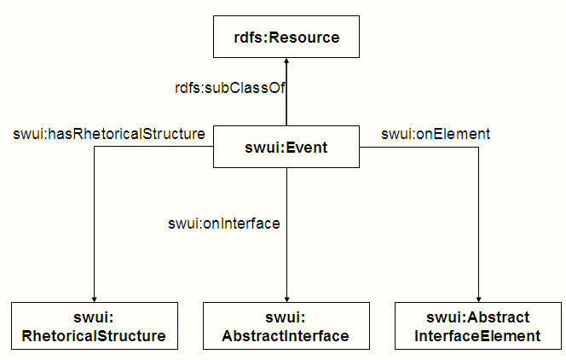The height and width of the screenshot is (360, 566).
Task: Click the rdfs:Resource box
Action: [286, 37]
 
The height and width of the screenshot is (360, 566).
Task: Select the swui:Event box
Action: [286, 148]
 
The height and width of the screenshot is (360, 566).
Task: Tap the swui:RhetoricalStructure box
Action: [94, 326]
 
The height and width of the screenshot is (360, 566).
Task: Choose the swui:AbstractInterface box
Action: [286, 326]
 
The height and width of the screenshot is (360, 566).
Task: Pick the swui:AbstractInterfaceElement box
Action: [477, 326]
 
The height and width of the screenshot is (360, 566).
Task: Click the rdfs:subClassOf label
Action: [228, 87]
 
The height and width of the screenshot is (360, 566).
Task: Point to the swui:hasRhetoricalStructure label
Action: [109, 133]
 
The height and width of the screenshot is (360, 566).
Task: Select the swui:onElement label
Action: [435, 133]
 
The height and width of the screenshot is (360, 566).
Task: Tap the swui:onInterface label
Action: [225, 224]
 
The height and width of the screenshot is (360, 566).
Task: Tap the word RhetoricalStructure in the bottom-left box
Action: [94, 335]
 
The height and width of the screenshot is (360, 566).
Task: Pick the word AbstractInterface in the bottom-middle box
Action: [286, 335]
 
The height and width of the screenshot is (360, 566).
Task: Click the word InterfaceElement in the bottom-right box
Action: [477, 335]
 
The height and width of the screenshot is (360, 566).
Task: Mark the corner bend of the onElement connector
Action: [478, 148]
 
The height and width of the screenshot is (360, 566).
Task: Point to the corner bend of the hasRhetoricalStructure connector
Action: [94, 148]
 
